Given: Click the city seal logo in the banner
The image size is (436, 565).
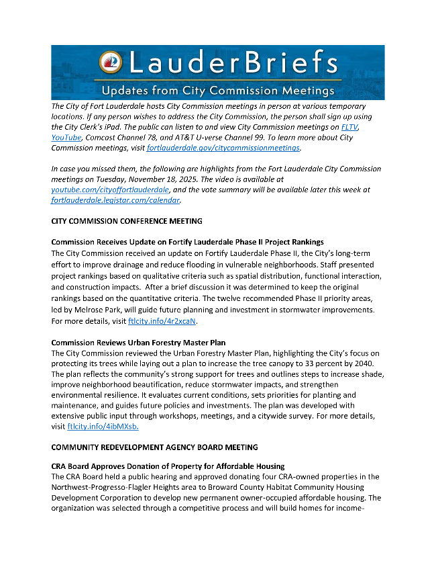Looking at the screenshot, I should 110,62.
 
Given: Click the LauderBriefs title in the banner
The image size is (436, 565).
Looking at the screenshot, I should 231,63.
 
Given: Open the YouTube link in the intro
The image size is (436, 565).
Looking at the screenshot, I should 66,136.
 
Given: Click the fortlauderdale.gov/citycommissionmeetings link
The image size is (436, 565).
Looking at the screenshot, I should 223,147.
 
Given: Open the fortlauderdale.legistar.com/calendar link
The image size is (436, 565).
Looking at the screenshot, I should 115,200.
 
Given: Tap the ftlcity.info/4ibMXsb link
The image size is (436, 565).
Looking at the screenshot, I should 103,426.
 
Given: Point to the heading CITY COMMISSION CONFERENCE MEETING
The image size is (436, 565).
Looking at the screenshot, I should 127,220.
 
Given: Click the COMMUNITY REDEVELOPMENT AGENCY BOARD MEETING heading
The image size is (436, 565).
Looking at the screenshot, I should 154,447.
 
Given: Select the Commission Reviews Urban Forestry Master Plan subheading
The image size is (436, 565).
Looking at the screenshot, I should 138,342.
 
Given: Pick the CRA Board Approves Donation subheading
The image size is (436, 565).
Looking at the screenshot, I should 168,466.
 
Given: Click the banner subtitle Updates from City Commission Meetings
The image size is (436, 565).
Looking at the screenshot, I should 217,90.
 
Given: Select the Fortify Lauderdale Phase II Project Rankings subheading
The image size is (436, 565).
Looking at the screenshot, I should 187,242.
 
